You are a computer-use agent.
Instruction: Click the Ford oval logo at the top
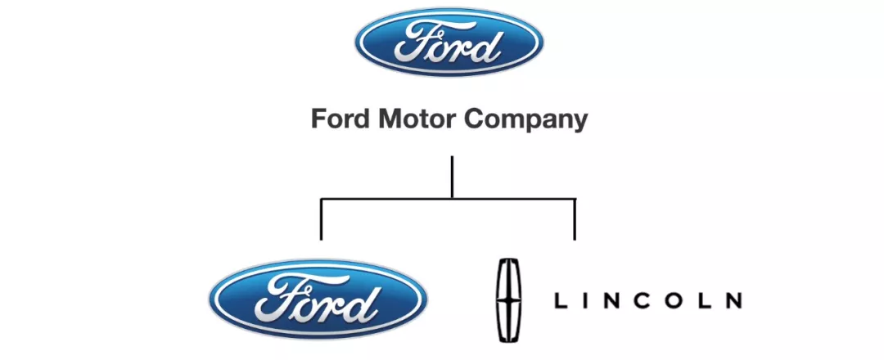coord(448,43)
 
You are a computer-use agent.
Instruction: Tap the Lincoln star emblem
coord(510,299)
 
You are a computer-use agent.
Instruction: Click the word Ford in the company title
coord(337,119)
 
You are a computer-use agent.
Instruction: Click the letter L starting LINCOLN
coord(561,300)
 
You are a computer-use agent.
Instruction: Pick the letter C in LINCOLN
coord(643,300)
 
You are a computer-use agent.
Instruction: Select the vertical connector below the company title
coord(452,177)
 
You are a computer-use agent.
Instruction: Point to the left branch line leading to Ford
coord(321,219)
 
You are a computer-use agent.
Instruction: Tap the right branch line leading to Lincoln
coord(575,219)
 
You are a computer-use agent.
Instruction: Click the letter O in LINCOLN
coord(674,300)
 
